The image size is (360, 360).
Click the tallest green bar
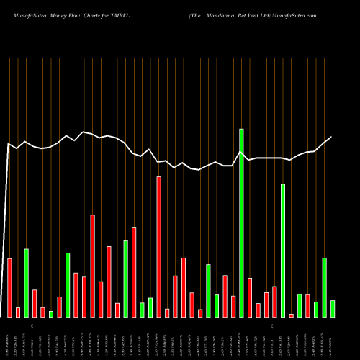tap(241, 223)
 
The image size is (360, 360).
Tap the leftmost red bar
tap(9, 287)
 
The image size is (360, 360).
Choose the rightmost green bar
tap(333, 309)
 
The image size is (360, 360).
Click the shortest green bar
tap(51, 314)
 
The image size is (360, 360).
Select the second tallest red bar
tap(92, 266)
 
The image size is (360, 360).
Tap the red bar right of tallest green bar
tap(250, 297)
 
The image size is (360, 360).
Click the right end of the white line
tap(332, 137)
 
